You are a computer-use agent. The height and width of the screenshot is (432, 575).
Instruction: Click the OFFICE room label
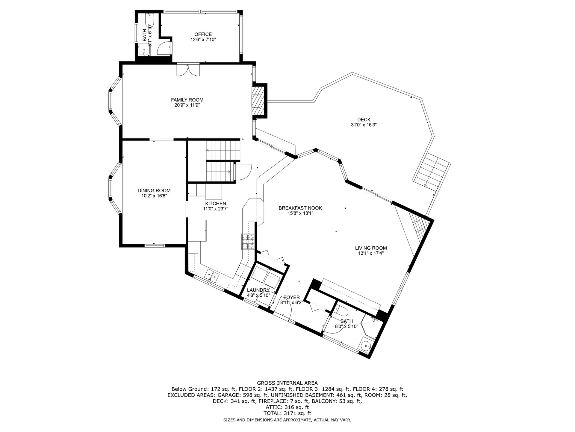pyautogui.click(x=203, y=34)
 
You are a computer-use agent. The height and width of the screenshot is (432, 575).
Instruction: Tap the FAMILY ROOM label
pyautogui.click(x=187, y=100)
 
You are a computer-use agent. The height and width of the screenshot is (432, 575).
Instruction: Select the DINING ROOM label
pyautogui.click(x=154, y=190)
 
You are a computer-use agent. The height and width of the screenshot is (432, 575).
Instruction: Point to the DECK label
pyautogui.click(x=364, y=120)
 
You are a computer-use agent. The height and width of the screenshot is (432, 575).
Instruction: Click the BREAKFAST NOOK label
pyautogui.click(x=300, y=208)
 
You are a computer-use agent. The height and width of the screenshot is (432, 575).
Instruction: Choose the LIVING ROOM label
pyautogui.click(x=371, y=248)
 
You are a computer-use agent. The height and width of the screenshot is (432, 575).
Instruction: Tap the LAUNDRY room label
pyautogui.click(x=258, y=290)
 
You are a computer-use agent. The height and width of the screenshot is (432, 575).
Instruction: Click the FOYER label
pyautogui.click(x=291, y=298)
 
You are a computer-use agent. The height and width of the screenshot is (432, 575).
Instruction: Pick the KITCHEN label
pyautogui.click(x=215, y=204)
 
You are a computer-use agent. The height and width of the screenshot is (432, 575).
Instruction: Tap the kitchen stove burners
pyautogui.click(x=248, y=241)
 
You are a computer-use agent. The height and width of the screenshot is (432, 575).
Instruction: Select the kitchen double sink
pyautogui.click(x=212, y=275)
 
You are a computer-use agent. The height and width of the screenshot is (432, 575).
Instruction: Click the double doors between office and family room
pyautogui.click(x=188, y=69)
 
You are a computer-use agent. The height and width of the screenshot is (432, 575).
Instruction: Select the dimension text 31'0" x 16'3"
pyautogui.click(x=364, y=125)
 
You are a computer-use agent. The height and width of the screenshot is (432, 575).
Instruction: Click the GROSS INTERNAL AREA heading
pyautogui.click(x=287, y=383)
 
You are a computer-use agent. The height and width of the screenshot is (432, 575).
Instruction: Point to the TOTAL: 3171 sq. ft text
pyautogui.click(x=287, y=413)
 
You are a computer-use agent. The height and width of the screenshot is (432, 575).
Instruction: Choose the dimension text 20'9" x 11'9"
pyautogui.click(x=187, y=105)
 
